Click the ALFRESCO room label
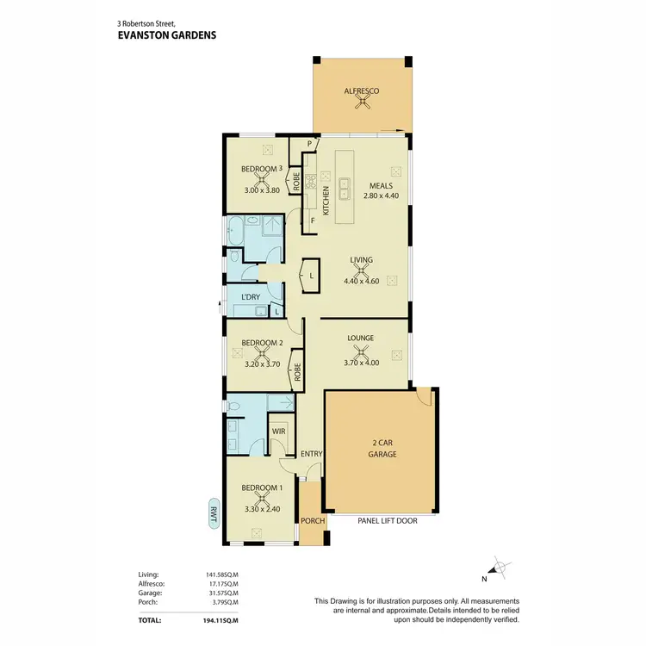(362, 90)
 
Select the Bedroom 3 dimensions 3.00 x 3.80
(262, 190)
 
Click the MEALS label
(381, 185)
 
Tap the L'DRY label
(251, 297)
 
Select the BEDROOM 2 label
(262, 343)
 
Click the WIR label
(278, 432)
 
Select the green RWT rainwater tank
(213, 515)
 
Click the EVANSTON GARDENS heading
(165, 36)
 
